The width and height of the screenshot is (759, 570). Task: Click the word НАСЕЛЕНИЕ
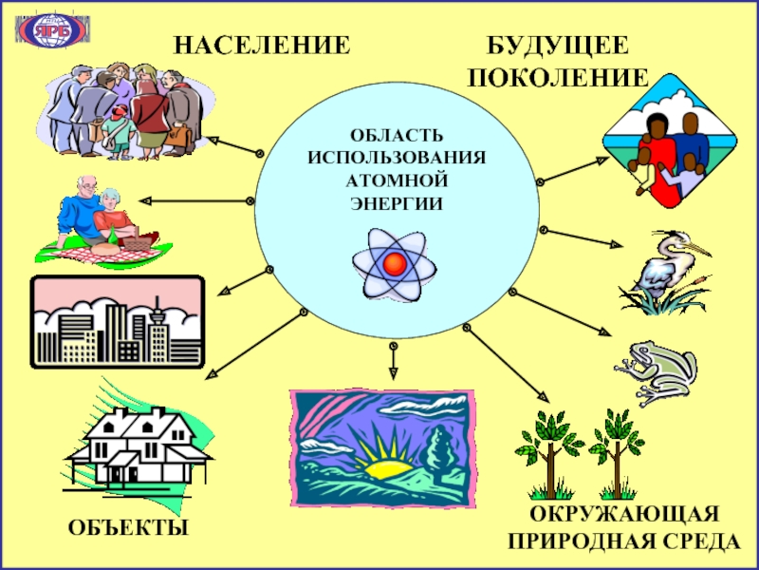coord(260,45)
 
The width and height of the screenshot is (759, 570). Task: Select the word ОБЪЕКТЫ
coord(127,527)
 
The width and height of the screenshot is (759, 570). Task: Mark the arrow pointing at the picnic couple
coord(194,200)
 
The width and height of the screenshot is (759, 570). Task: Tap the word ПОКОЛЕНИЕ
coord(558,78)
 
